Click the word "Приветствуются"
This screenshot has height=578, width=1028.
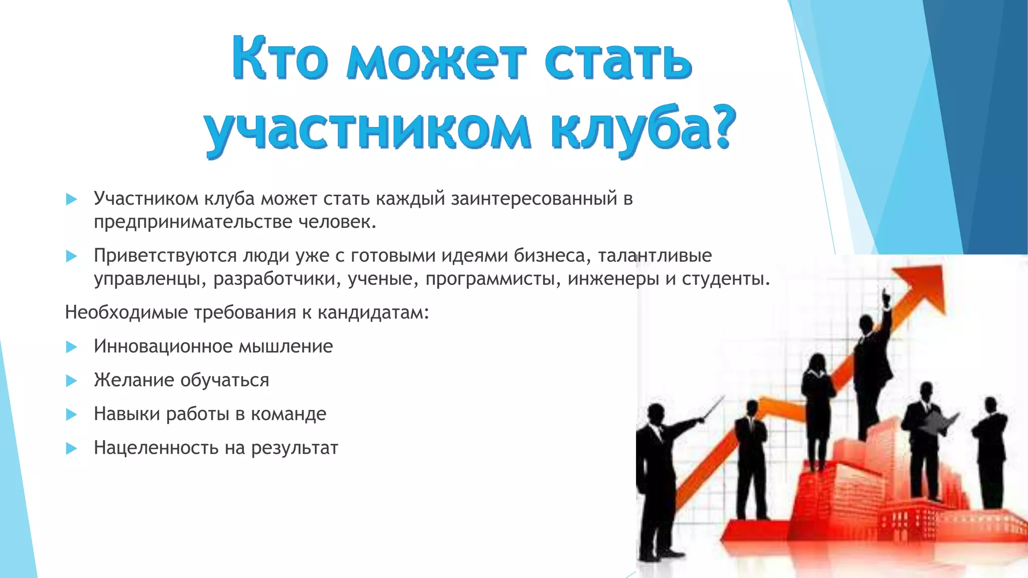pos(165,255)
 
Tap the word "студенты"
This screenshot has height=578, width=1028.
pos(725,278)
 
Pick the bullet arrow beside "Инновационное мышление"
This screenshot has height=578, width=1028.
pos(71,347)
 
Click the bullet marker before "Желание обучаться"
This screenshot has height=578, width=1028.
pos(71,381)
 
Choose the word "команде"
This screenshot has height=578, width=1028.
pos(289,414)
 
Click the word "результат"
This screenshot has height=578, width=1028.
pos(295,448)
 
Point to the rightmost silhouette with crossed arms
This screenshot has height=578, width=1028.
pos(990,447)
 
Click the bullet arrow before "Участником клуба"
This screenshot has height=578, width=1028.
pos(71,199)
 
